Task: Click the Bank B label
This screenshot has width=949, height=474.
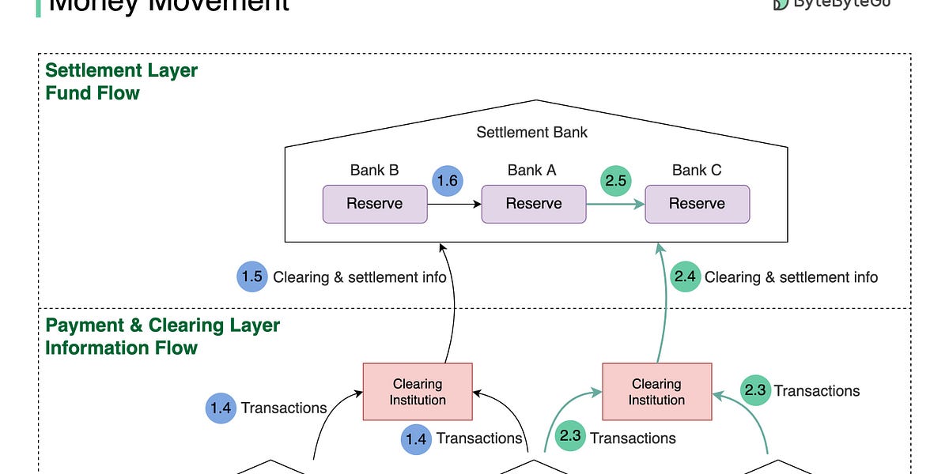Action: (x=374, y=170)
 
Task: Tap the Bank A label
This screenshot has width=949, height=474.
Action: (x=531, y=170)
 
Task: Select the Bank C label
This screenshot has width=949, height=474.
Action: (x=696, y=170)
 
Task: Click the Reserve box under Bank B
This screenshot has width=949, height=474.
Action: (x=375, y=204)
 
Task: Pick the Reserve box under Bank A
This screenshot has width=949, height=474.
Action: (x=534, y=204)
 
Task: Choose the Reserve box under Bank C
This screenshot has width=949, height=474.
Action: (x=697, y=204)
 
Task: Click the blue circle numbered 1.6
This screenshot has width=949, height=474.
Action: (x=448, y=181)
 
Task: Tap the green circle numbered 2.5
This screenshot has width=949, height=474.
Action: (x=615, y=181)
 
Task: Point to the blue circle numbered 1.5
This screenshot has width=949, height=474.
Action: (x=251, y=277)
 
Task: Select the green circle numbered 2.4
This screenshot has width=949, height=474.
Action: (x=685, y=277)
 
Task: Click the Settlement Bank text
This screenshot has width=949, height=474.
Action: (x=531, y=132)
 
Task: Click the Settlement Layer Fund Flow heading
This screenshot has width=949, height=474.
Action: (x=121, y=81)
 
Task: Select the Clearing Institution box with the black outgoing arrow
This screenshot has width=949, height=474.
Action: (x=418, y=392)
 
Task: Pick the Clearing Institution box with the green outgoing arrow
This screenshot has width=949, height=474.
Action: (x=656, y=392)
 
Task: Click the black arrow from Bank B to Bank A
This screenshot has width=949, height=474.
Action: (x=455, y=204)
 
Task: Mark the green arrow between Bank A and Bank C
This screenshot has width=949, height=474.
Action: (x=615, y=204)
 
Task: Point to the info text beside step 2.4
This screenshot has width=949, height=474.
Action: (x=791, y=277)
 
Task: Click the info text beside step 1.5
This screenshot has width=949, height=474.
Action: (x=360, y=277)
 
